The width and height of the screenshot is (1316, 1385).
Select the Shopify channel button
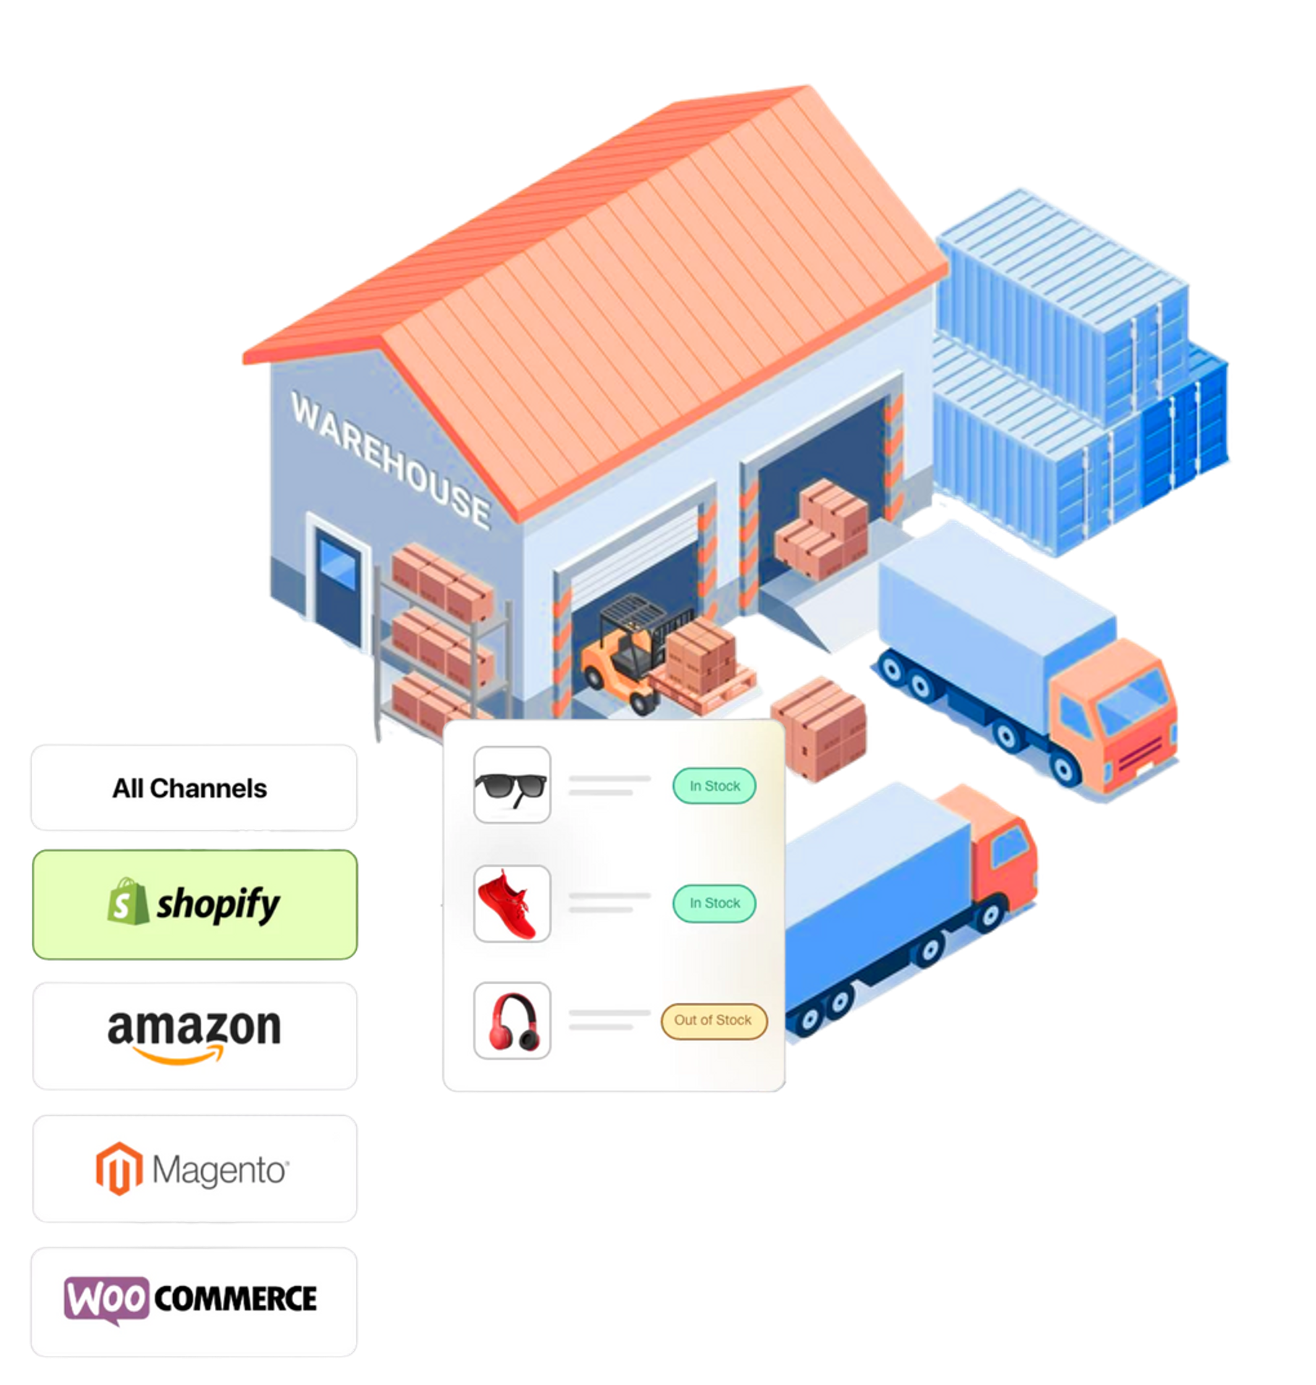pyautogui.click(x=195, y=905)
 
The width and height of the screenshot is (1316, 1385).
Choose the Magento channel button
pyautogui.click(x=195, y=1168)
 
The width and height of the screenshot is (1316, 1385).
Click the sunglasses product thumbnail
pyautogui.click(x=512, y=785)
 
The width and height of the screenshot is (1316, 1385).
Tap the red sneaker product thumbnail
pyautogui.click(x=512, y=903)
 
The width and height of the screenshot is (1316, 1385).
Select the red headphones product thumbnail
pyautogui.click(x=512, y=1020)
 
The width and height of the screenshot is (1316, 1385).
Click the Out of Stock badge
pyautogui.click(x=713, y=1020)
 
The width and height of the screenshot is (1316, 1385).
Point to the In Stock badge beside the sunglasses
pyautogui.click(x=714, y=786)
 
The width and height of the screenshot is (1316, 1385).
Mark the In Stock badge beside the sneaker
pyautogui.click(x=714, y=903)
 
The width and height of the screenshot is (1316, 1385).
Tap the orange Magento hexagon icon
pyautogui.click(x=119, y=1169)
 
